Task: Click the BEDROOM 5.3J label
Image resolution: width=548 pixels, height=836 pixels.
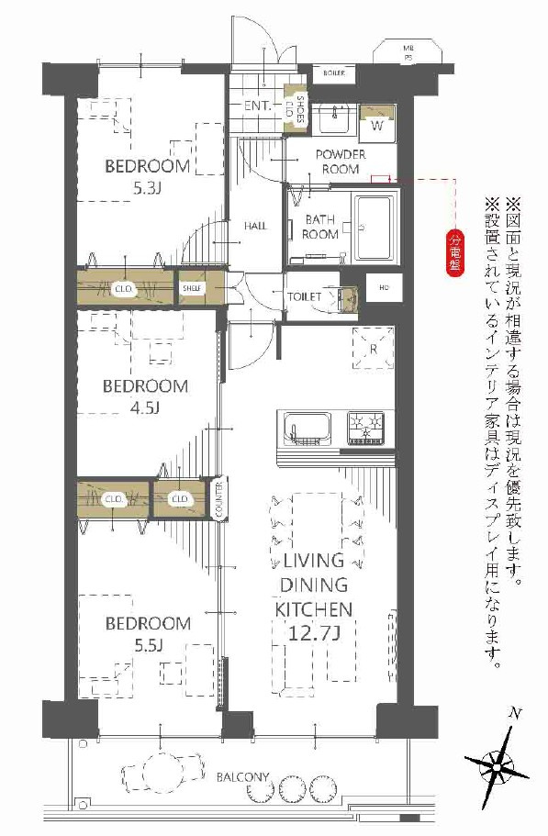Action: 147,178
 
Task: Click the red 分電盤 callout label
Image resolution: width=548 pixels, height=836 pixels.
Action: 453,247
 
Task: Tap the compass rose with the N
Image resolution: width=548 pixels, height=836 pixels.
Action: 500,764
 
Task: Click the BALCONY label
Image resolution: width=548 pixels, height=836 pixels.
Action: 242,777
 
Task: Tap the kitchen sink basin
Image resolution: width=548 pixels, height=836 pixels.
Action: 308,429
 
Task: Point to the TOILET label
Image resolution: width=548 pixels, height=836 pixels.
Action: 304,296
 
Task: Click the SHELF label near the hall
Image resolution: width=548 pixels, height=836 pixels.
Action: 192,288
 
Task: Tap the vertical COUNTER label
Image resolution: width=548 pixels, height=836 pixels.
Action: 218,499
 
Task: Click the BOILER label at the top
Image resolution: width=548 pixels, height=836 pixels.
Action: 332,71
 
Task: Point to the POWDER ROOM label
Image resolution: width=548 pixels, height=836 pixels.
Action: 341,162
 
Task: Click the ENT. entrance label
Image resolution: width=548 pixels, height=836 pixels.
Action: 257,106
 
